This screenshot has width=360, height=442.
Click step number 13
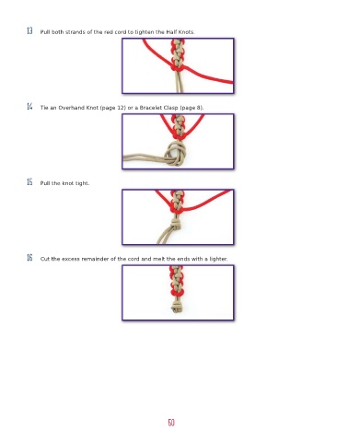click(29, 30)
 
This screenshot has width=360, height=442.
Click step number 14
click(29, 107)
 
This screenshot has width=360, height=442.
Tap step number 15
click(29, 182)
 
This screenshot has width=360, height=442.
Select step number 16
click(29, 258)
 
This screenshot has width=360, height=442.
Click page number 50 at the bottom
click(171, 423)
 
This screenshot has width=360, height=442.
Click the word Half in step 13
click(171, 32)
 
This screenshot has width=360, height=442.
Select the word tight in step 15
click(82, 183)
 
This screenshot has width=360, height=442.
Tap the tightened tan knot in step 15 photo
click(175, 225)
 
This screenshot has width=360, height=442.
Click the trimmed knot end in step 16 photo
click(177, 306)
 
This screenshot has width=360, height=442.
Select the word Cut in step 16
click(45, 259)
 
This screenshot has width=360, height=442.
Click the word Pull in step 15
click(45, 183)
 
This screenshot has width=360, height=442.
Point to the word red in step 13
click(109, 32)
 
